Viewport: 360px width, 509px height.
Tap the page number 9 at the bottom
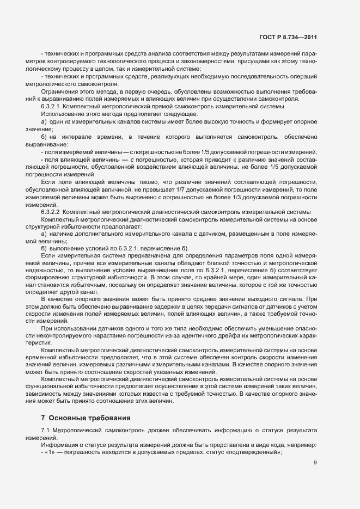(x=315, y=463)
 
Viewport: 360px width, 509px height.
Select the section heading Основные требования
(x=90, y=418)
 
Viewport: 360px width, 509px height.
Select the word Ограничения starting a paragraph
(x=58, y=91)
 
